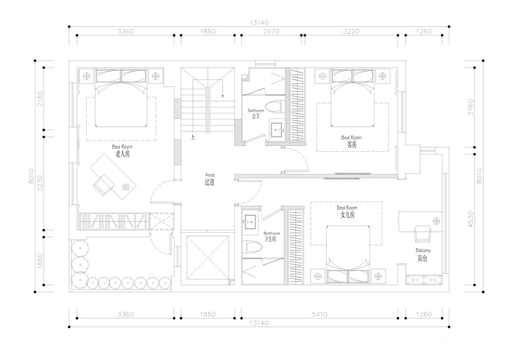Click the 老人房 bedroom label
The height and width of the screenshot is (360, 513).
pyautogui.click(x=123, y=154)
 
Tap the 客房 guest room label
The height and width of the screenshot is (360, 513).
pyautogui.click(x=352, y=145)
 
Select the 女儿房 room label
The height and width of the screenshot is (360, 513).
pyautogui.click(x=347, y=215)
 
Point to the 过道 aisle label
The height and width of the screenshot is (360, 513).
pyautogui.click(x=209, y=182)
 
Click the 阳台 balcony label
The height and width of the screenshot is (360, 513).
pyautogui.click(x=422, y=258)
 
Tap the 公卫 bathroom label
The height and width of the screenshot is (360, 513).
pyautogui.click(x=255, y=116)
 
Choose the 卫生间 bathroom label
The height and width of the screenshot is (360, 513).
pyautogui.click(x=270, y=239)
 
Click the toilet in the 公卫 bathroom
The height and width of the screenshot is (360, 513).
pyautogui.click(x=274, y=107)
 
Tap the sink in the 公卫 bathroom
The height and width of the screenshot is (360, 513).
pyautogui.click(x=277, y=130)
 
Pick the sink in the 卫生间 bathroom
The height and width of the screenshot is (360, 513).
pyautogui.click(x=250, y=221)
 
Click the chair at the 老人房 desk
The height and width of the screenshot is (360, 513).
pyautogui.click(x=104, y=185)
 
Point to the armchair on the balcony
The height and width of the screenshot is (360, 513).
pyautogui.click(x=423, y=234)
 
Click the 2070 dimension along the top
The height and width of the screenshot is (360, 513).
pyautogui.click(x=271, y=31)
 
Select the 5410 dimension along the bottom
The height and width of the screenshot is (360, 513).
pyautogui.click(x=319, y=314)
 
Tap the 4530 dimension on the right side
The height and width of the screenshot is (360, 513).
pyautogui.click(x=470, y=219)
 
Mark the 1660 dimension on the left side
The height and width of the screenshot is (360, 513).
pyautogui.click(x=40, y=261)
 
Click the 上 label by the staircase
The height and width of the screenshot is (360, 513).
pyautogui.click(x=193, y=137)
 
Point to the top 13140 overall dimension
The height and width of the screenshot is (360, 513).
pyautogui.click(x=259, y=23)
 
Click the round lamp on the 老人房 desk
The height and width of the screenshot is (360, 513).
pyautogui.click(x=126, y=187)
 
